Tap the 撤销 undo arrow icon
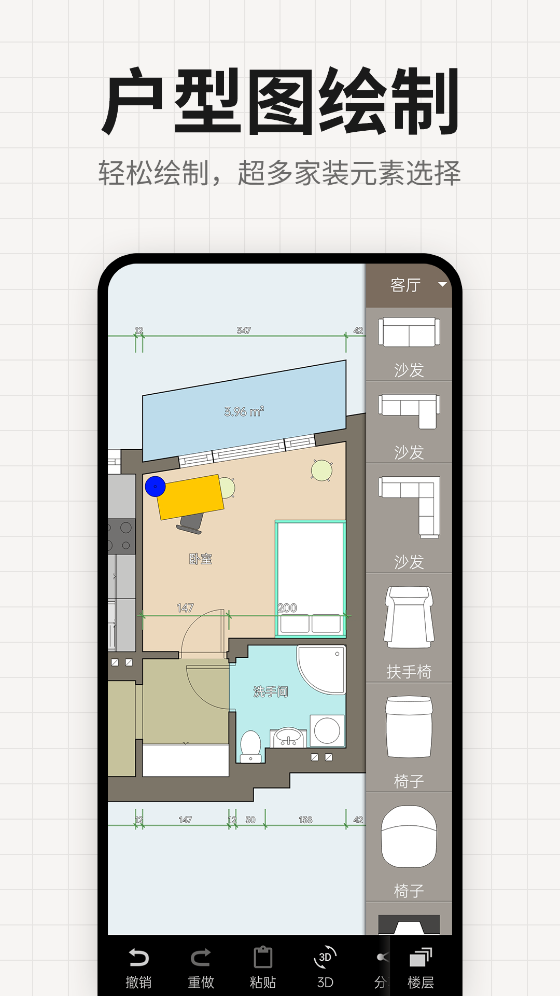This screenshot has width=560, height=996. coord(138,957)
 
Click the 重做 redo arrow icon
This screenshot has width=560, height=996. coord(201,957)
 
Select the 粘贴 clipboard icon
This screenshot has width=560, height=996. coord(263,957)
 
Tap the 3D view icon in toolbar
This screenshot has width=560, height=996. coord(325,957)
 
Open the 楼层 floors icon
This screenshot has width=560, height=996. coord(421,957)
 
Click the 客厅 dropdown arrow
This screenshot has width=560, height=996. coord(442,284)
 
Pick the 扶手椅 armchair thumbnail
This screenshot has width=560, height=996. coord(409,617)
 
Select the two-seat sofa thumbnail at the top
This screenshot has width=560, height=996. coord(409,332)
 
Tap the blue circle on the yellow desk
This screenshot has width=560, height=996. coord(155,487)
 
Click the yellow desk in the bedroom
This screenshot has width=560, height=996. coord(190,497)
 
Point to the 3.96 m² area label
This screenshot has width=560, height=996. coord(244,411)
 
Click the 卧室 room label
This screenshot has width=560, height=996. coord(201,559)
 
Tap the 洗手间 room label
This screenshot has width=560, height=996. coord(270,691)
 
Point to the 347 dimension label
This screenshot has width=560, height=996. coord(244,330)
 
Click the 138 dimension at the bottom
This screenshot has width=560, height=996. coord(305,820)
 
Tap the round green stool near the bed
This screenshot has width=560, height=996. coord(321,471)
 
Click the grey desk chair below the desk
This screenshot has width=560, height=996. coord(190,523)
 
